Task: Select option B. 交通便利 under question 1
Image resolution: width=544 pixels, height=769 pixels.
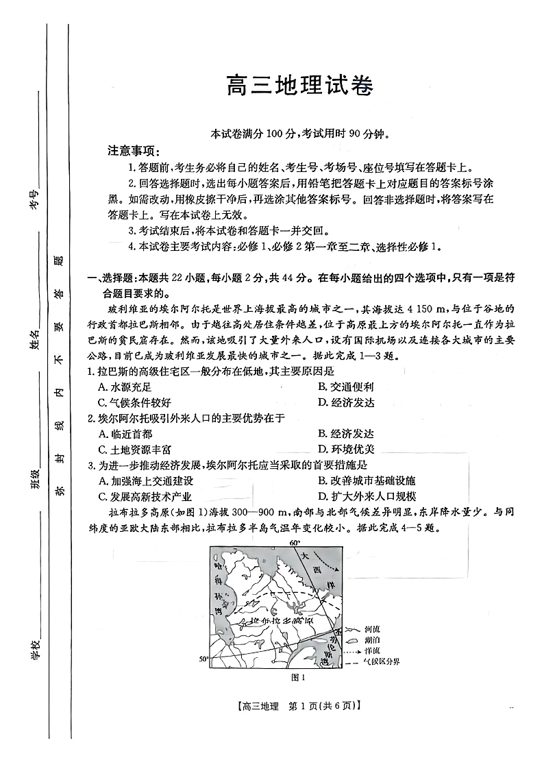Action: [x=346, y=387]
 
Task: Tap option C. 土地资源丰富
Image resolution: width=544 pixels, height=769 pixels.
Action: [x=134, y=450]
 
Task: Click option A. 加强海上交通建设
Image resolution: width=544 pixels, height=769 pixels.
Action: [x=146, y=481]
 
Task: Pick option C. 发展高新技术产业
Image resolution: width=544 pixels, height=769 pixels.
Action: [x=145, y=497]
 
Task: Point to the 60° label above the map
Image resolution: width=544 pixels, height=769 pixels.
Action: [x=295, y=543]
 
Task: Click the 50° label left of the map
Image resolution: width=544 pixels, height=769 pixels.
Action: [x=204, y=659]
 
